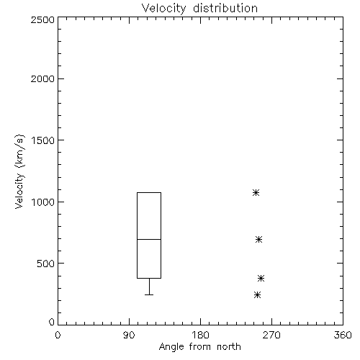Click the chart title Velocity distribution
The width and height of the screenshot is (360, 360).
pos(199,8)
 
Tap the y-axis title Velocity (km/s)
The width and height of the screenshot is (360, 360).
pos(19,171)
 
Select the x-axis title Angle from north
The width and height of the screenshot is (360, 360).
pos(199,347)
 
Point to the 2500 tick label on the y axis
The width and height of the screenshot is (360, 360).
pos(42,19)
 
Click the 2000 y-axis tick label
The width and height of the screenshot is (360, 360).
pos(42,78)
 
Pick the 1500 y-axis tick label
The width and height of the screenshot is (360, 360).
pos(43,140)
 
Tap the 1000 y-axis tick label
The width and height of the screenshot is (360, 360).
pos(43,202)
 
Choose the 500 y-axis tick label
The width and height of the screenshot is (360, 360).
pos(45,264)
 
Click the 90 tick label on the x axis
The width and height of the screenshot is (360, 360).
pos(129,335)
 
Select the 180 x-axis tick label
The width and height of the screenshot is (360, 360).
pos(200,335)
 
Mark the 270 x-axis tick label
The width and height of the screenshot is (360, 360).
pos(271,335)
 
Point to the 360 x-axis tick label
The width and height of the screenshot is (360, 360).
pos(343,335)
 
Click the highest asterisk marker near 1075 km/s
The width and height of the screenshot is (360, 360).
pos(256,192)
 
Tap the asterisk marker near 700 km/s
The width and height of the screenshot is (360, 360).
pos(258,239)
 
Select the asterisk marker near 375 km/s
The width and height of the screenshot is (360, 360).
pos(261,279)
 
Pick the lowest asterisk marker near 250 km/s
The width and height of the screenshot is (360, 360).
pos(257,294)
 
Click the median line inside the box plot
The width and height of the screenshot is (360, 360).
pos(149,239)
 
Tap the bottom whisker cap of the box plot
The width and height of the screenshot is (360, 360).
pos(149,294)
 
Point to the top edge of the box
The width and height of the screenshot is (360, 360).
pos(149,192)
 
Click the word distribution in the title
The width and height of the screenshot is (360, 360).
pos(225,8)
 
